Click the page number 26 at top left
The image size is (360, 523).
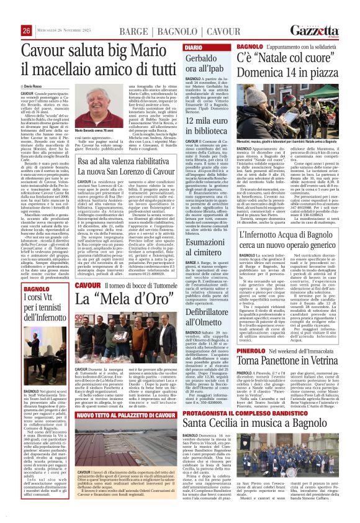coord(26,31)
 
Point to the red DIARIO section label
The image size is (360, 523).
coord(193,48)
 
